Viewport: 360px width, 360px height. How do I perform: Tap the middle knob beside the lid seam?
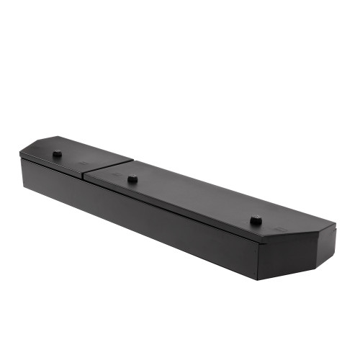(132, 179)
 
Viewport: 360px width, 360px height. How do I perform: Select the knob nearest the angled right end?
(256, 220)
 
